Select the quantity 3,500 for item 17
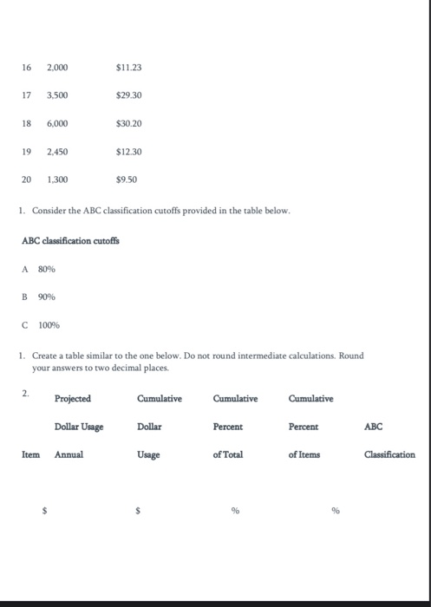(59, 95)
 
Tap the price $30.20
(127, 123)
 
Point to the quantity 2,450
(59, 152)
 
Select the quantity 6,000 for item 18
(59, 123)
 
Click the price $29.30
(127, 95)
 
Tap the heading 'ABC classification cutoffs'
(69, 240)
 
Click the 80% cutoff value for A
(45, 269)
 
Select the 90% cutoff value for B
(45, 297)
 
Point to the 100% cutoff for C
(48, 325)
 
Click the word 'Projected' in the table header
(72, 399)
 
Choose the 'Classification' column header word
(389, 454)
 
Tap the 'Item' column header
(30, 454)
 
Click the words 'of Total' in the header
(228, 454)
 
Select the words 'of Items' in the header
(304, 454)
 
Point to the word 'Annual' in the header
(70, 454)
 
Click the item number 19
(26, 152)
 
